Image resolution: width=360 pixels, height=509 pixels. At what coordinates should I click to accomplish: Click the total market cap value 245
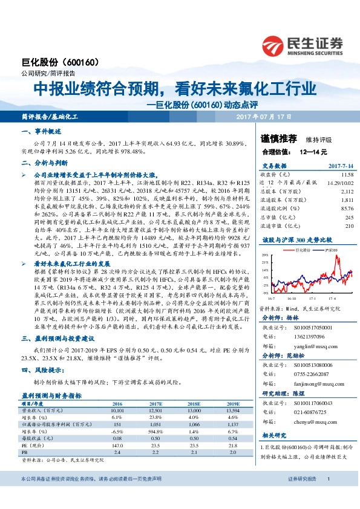(348, 217)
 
